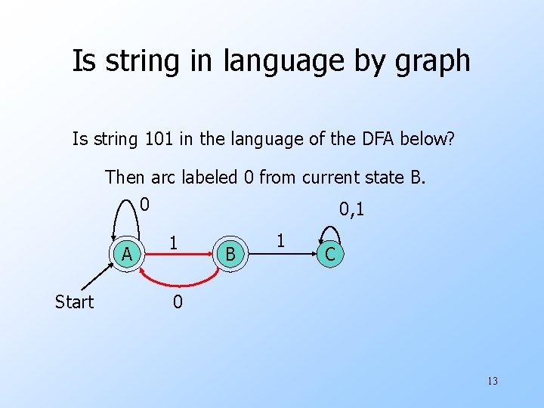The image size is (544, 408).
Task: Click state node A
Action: pos(128,255)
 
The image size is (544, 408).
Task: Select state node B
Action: pos(230,255)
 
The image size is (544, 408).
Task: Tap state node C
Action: pos(329,255)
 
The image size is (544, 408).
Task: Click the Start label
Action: pos(74,302)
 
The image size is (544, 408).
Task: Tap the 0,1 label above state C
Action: pos(351,209)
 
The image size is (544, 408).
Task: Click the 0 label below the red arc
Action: pos(177,303)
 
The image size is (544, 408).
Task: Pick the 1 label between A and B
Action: pos(174,243)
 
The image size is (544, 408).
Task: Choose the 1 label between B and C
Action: pos(280,241)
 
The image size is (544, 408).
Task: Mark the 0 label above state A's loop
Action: pos(144,204)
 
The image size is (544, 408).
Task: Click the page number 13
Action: pos(492,381)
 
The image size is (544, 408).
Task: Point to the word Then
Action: pos(125,178)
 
